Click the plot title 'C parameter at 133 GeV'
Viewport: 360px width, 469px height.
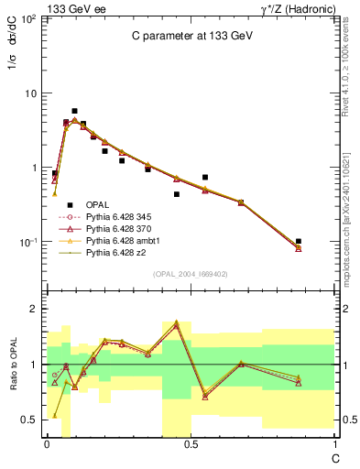pyautogui.click(x=191, y=37)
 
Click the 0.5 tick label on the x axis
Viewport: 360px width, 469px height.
pyautogui.click(x=191, y=442)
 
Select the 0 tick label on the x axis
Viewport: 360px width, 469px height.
pyautogui.click(x=47, y=442)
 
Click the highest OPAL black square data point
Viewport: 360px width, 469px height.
pyautogui.click(x=74, y=111)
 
